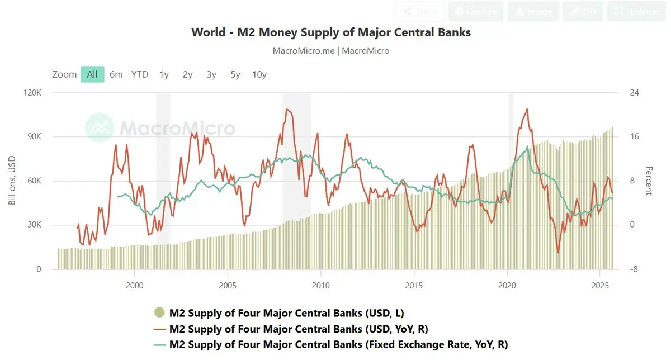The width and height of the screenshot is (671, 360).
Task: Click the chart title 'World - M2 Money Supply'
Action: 331,32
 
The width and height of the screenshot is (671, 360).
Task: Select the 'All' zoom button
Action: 92,74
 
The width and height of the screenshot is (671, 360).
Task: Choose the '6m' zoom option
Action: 116,74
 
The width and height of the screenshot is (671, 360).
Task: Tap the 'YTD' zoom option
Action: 140,74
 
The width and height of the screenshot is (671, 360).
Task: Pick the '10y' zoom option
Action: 259,74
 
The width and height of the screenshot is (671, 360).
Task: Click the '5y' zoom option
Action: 235,74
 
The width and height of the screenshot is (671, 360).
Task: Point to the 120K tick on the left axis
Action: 31,93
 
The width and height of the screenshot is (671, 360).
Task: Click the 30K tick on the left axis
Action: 34,225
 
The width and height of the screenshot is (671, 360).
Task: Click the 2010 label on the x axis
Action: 321,285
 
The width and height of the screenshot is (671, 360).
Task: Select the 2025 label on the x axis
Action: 599,285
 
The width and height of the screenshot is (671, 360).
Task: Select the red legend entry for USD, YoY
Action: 299,329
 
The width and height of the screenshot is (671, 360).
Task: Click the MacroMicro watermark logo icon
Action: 100,127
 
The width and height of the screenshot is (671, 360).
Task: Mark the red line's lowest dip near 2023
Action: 558,253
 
